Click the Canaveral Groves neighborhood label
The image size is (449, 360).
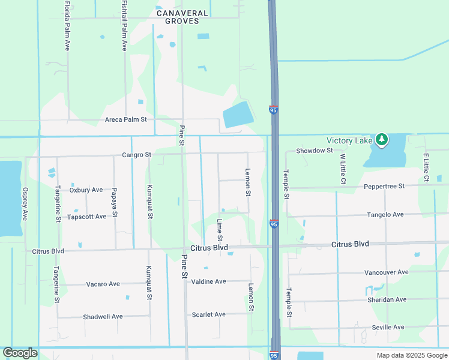click(x=182, y=16)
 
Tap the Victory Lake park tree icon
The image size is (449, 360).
click(x=382, y=140)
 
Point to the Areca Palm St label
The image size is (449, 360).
click(x=126, y=119)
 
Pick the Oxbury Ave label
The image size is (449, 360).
click(x=86, y=190)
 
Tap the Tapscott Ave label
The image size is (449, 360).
click(x=86, y=217)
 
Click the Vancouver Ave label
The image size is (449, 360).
click(x=386, y=272)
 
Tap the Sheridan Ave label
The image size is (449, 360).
click(x=387, y=299)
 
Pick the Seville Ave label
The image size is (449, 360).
click(x=388, y=327)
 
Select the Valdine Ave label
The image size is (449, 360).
click(x=208, y=281)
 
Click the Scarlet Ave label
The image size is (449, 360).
click(x=208, y=314)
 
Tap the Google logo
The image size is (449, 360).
click(x=20, y=353)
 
